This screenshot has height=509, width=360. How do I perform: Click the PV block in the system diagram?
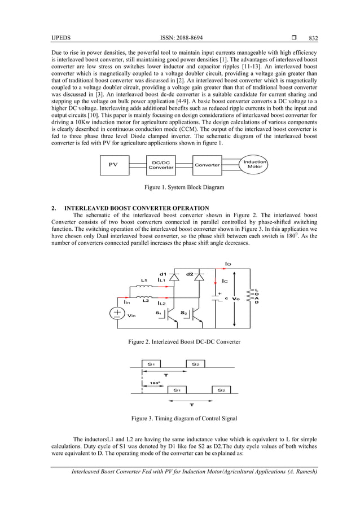tap(113, 165)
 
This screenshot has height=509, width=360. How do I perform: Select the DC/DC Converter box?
tap(161, 165)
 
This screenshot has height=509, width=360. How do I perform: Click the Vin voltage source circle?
tap(117, 314)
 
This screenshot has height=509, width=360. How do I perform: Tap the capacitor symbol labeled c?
tap(218, 298)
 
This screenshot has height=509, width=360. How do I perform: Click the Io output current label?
tap(228, 264)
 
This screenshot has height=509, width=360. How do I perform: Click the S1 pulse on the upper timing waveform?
tap(152, 365)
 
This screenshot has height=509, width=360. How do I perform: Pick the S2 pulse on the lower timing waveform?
tap(220, 389)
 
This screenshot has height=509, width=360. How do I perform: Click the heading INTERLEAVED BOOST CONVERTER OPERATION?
tap(137, 208)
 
